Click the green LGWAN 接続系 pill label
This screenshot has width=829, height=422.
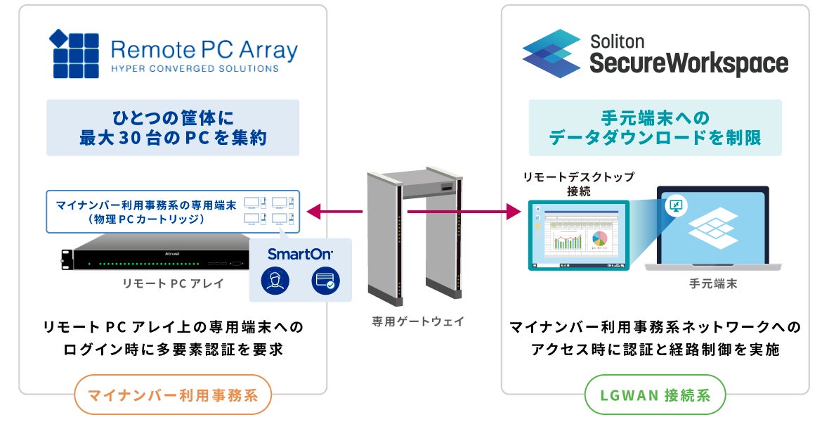click(655, 395)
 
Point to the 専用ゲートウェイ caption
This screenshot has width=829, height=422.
click(418, 321)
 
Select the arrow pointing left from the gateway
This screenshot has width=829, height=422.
click(334, 210)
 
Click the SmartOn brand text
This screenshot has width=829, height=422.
click(300, 254)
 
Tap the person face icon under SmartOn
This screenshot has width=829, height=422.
click(275, 281)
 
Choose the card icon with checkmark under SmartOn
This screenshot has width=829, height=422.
click(325, 281)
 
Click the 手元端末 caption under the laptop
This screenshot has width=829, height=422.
click(713, 284)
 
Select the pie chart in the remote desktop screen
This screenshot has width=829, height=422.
click(599, 240)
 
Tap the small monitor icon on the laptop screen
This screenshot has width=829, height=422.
click(677, 206)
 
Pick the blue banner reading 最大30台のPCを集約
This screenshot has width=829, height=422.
click(173, 127)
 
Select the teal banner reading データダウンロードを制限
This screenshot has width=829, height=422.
click(655, 127)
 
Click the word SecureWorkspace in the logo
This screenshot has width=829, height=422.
click(688, 64)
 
